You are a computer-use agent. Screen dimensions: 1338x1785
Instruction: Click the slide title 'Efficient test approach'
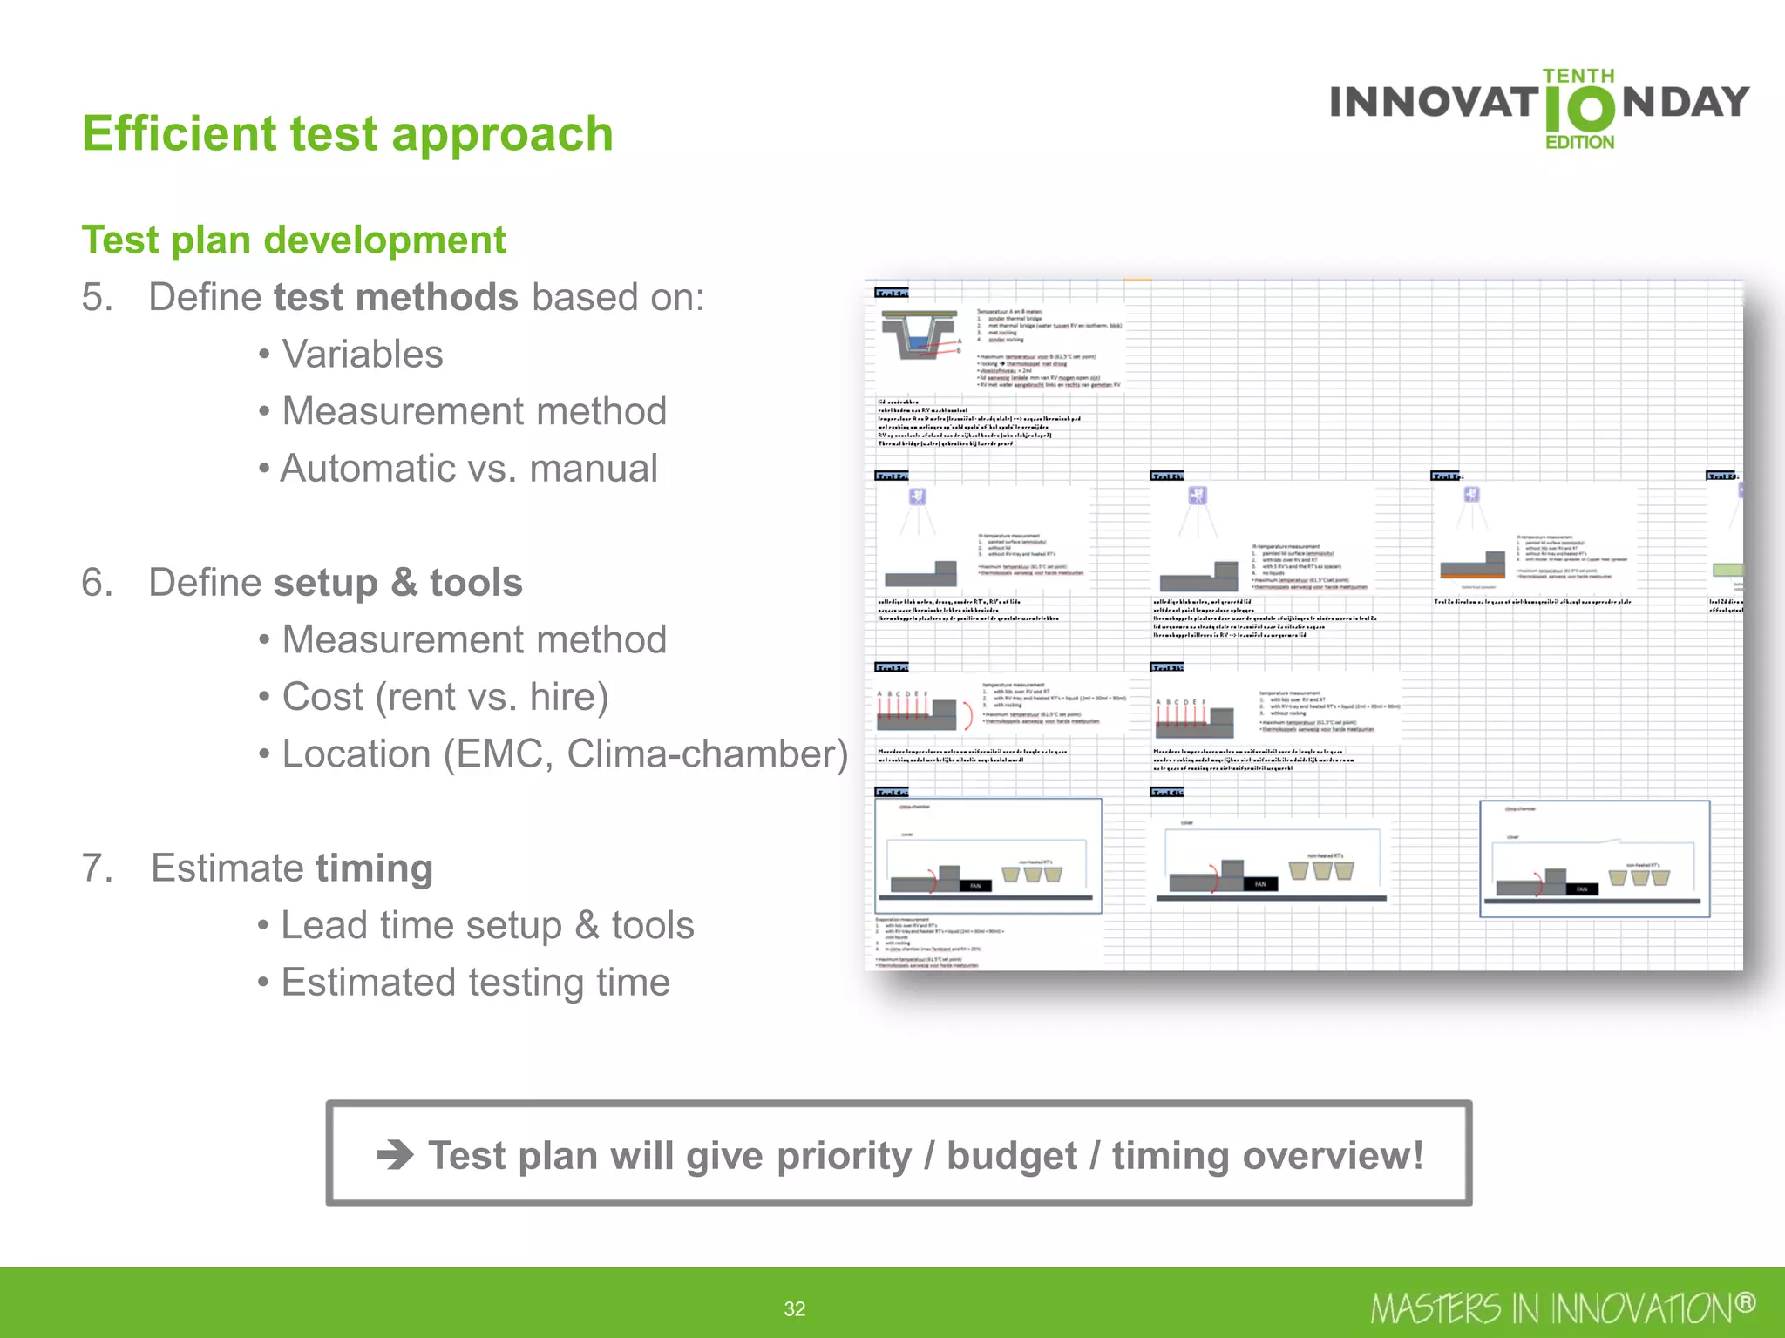347,133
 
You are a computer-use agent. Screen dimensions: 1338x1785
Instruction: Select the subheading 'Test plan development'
293,240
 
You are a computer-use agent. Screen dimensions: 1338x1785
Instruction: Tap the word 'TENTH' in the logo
1578,76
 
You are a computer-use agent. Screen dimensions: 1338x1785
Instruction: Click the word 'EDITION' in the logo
1579,142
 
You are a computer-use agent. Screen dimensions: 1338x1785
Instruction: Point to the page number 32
794,1308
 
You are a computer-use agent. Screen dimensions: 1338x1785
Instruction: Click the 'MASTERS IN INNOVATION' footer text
1560,1308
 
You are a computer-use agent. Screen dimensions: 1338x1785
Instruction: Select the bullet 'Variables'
362,355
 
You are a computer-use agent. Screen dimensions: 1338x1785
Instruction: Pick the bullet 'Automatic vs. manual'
468,469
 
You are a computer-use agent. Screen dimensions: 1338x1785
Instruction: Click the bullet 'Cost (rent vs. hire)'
445,697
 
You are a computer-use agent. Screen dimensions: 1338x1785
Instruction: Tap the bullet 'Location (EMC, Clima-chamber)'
564,754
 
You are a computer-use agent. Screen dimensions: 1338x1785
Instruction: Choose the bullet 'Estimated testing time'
475,983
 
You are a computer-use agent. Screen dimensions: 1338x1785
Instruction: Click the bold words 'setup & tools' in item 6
397,583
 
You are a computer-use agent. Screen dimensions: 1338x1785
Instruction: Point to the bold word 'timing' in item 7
373,868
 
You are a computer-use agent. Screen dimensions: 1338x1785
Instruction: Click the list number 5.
98,297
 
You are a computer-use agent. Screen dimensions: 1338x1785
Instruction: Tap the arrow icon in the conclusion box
395,1156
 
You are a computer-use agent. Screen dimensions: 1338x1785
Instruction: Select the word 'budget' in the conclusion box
1011,1156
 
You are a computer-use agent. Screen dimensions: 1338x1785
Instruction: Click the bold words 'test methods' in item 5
395,297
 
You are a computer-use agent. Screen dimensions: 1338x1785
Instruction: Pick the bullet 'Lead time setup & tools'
486,925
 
